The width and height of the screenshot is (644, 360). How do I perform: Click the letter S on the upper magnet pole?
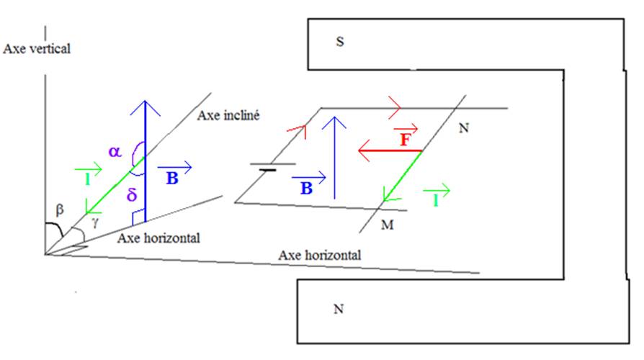tap(339, 42)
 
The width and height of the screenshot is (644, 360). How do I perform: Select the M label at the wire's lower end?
tap(388, 226)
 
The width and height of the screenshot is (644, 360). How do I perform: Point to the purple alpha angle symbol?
tap(115, 151)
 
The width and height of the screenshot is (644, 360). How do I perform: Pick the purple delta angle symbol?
tap(132, 195)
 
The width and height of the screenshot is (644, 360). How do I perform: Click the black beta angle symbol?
tap(61, 210)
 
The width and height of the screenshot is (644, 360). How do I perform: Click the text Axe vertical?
tap(37, 49)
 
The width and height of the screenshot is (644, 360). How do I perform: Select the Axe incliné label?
tap(228, 115)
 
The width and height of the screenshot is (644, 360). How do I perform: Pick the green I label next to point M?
tap(435, 200)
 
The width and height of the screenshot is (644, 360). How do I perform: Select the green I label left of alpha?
tap(86, 178)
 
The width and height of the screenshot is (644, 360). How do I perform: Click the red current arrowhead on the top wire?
tap(395, 108)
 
